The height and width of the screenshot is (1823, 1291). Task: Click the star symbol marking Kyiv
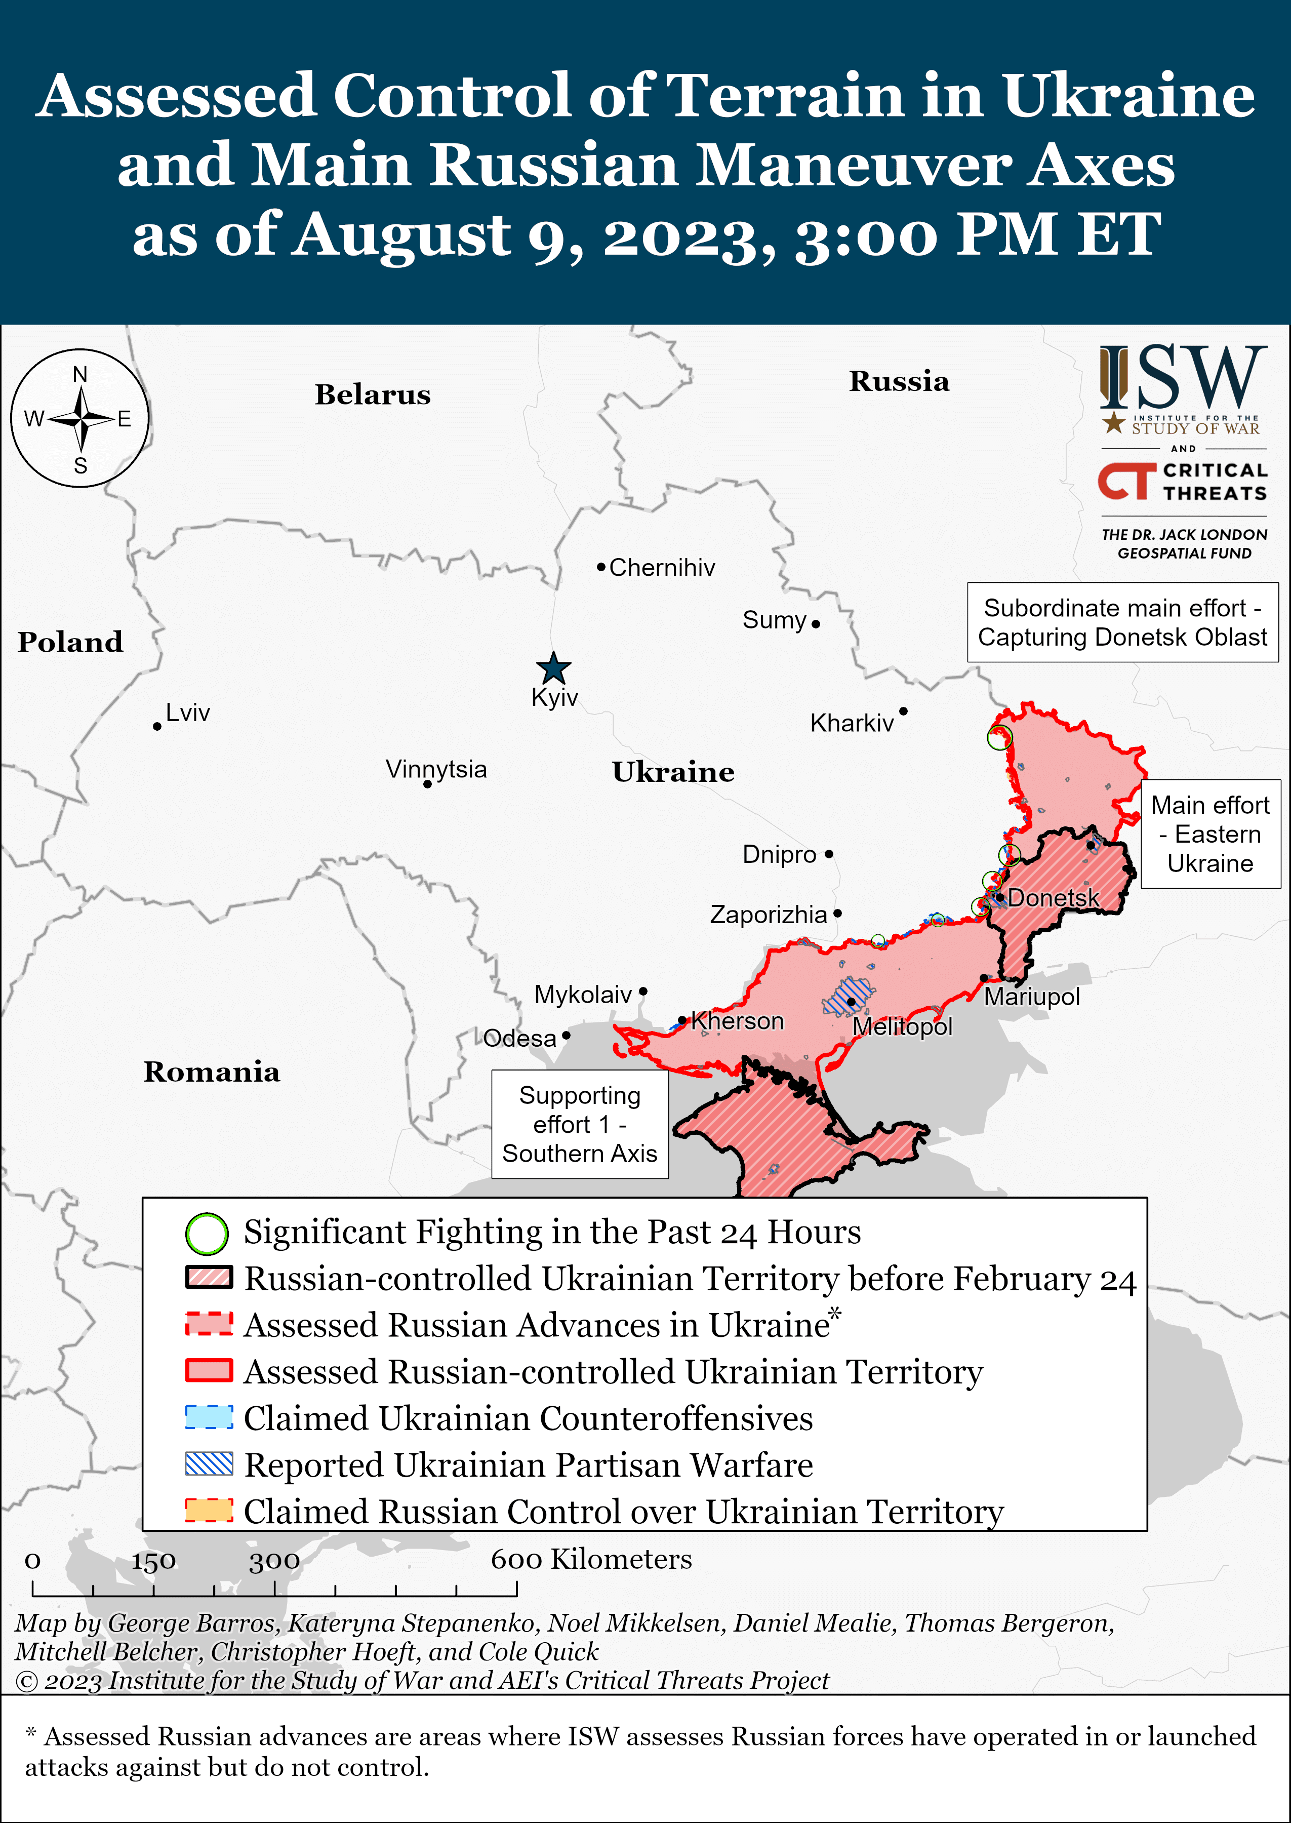tap(553, 668)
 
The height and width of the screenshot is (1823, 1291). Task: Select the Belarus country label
tap(372, 395)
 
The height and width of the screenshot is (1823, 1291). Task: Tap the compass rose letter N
tap(80, 374)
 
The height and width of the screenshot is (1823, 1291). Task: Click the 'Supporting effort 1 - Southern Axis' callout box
tap(580, 1124)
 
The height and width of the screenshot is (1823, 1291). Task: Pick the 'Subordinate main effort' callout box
tap(1122, 622)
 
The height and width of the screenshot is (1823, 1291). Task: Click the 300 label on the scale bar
tap(274, 1561)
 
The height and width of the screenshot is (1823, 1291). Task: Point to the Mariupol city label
tap(1032, 997)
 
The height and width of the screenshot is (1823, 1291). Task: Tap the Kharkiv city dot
tap(903, 711)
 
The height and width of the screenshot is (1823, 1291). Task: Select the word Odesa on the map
tap(520, 1038)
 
